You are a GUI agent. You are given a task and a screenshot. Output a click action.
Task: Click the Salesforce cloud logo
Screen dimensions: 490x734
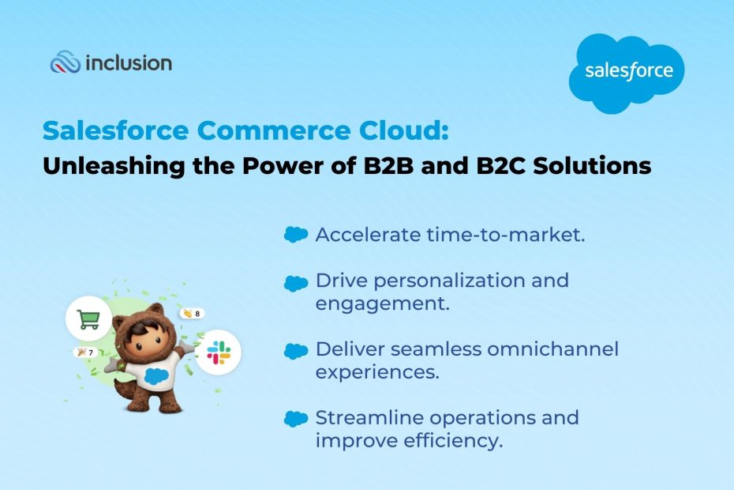[627, 72]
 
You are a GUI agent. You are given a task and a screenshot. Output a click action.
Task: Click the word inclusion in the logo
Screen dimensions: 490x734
[128, 63]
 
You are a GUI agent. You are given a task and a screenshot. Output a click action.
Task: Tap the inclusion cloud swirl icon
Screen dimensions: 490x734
[66, 62]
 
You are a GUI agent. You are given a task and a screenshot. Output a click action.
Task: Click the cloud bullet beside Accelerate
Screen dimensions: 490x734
[295, 235]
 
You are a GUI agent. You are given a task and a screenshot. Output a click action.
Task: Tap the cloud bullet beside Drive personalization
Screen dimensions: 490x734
[295, 282]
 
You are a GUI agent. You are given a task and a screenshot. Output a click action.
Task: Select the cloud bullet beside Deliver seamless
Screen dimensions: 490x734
[295, 350]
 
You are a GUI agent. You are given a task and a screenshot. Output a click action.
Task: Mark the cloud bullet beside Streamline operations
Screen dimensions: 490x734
[295, 419]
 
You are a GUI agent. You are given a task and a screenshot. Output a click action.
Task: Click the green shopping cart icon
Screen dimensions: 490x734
[88, 319]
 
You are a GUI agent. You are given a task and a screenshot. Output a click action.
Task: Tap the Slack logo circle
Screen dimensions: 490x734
[218, 352]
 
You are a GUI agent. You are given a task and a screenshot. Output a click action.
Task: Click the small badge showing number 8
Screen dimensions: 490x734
[191, 314]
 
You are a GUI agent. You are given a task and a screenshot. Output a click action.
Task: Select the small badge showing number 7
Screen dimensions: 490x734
[84, 352]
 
